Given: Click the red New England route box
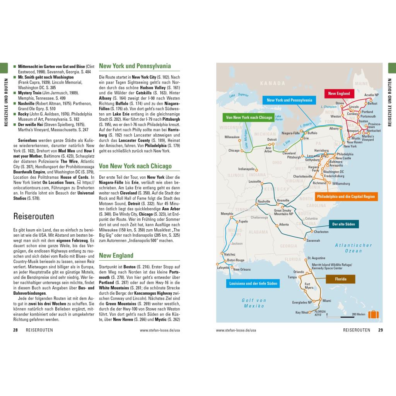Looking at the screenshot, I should pos(339,94).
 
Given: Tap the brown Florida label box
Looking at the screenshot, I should pos(341,279).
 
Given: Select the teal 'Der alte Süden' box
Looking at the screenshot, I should pos(343,224).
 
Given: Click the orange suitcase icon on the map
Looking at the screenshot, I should pos(373,314).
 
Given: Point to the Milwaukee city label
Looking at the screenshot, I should pos(232,137).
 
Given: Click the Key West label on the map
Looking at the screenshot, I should pos(302,312).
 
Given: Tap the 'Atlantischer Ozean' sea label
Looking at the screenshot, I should pos(353,248).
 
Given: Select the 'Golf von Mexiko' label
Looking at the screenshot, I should pos(254,303).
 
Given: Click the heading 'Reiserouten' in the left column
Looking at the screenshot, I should pos(34,216).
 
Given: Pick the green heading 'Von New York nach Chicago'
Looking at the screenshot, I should pos(135,166).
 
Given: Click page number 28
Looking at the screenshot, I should pos(15,330).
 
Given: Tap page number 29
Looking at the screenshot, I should pos(381,330).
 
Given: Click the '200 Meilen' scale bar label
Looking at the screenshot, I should pos(358,314).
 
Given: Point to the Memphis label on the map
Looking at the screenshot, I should pos(227,213).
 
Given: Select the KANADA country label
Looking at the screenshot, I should pos(272,83).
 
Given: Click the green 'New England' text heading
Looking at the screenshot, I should pos(116,255).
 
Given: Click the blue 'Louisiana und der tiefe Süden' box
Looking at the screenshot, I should pos(253,283).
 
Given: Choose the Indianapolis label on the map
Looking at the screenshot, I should pos(246,169).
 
